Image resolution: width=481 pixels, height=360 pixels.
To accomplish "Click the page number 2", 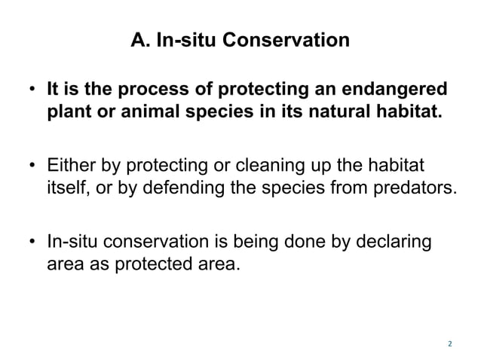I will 449,344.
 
